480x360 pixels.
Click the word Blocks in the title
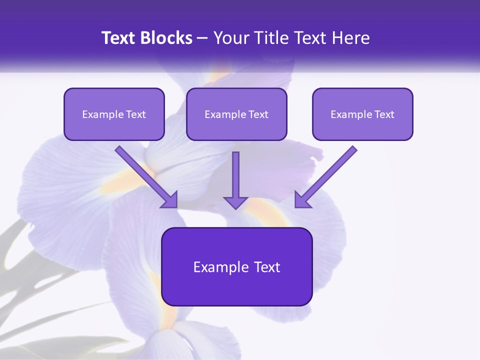167,38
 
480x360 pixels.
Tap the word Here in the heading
350,38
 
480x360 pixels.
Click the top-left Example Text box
114,114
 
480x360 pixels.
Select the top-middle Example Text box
236,114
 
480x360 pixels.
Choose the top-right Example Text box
362,114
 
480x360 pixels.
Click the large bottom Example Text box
236,266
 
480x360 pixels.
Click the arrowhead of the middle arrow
235,202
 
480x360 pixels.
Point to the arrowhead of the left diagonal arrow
170,200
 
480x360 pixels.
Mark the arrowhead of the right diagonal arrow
301,200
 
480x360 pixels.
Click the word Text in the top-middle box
258,114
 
